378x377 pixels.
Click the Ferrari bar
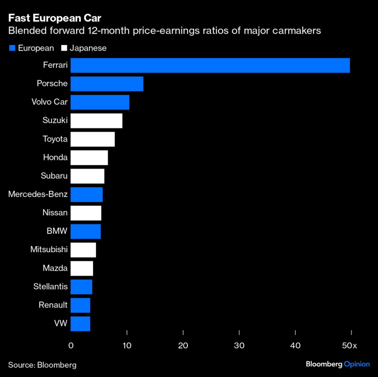click(210, 65)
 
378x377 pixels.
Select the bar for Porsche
click(107, 84)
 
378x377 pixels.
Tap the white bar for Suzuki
click(96, 121)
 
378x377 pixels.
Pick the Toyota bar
click(92, 139)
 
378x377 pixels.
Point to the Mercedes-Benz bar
click(86, 194)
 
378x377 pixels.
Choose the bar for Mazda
click(82, 268)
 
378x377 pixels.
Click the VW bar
click(80, 323)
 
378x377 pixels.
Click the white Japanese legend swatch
click(64, 48)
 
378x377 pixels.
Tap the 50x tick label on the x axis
click(350, 346)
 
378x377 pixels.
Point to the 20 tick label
click(183, 346)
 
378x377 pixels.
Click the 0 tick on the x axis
click(71, 346)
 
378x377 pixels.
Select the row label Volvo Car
click(50, 102)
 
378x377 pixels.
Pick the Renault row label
click(53, 305)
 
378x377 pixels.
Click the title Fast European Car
click(55, 18)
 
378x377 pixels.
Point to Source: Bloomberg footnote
click(42, 365)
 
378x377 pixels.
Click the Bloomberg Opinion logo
click(338, 364)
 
